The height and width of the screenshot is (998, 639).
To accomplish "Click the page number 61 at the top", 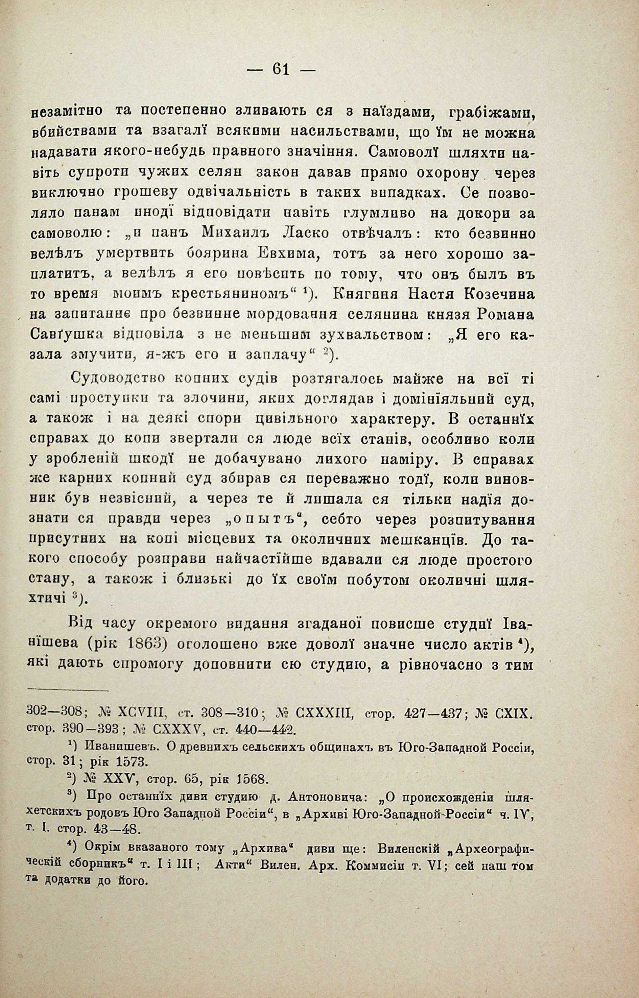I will click(x=281, y=69).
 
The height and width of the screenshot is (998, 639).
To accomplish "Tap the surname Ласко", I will click(x=305, y=234).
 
